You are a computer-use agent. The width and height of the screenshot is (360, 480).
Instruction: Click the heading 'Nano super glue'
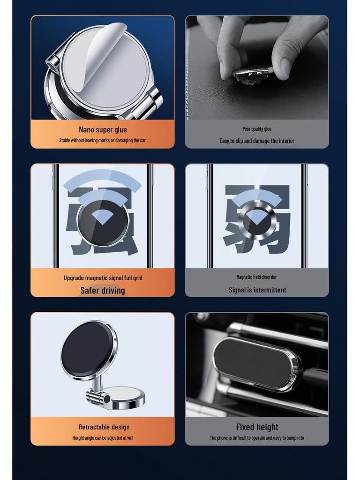(103, 129)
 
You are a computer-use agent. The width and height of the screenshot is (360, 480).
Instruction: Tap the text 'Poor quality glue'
(257, 129)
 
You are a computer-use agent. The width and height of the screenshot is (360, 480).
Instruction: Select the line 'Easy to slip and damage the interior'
(257, 141)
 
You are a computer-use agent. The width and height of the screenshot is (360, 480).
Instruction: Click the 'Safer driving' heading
(103, 290)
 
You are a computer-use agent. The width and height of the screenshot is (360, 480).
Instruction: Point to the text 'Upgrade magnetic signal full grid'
(103, 278)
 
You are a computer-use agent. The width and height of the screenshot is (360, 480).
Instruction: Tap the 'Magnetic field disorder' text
(256, 277)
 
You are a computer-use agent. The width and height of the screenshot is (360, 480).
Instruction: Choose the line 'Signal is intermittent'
(257, 290)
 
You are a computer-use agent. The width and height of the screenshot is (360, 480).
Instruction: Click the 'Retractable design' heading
(104, 427)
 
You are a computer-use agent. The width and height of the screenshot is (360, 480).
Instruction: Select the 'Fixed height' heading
(257, 427)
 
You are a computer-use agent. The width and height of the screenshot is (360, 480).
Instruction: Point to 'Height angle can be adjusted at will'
(103, 438)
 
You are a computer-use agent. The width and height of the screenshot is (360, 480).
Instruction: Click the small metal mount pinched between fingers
(251, 74)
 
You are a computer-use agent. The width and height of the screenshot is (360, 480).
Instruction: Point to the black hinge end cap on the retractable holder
(107, 399)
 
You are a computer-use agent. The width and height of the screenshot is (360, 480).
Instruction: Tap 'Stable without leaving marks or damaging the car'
(103, 141)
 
